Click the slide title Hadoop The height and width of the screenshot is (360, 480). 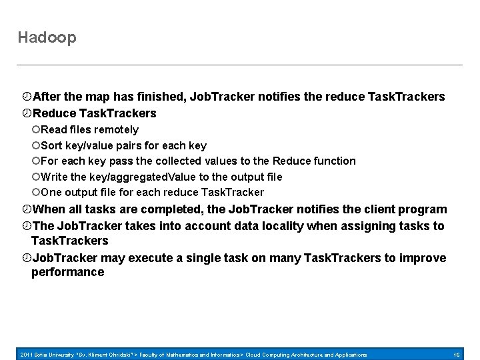point(47,38)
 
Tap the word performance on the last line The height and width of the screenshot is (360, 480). point(67,272)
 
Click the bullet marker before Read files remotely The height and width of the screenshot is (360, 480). point(36,129)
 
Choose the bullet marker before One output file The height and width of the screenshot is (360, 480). point(36,193)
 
